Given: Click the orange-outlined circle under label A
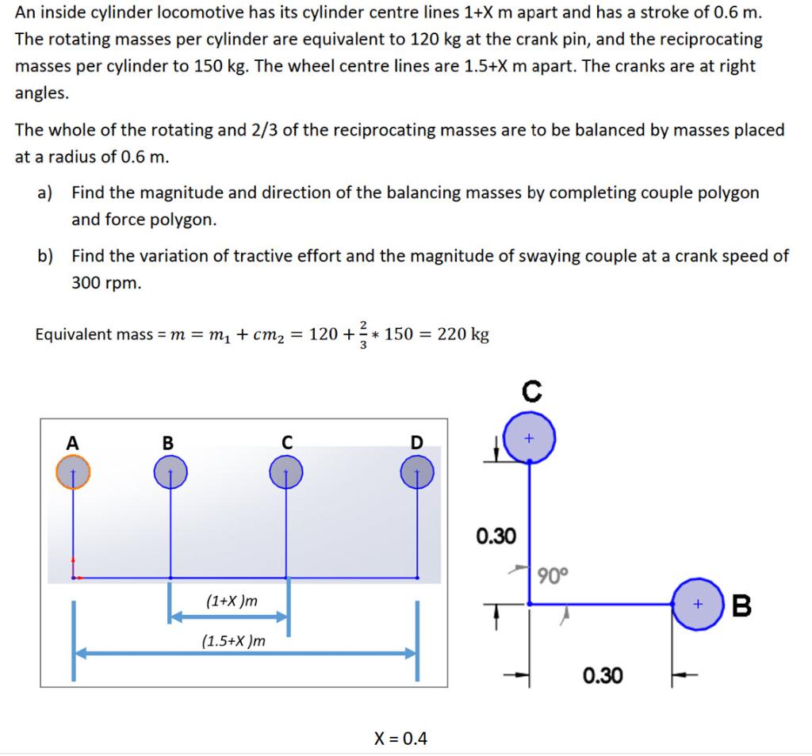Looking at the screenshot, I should (x=73, y=473).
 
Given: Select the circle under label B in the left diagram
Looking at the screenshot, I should (x=170, y=473).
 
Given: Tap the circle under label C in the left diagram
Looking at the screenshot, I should (x=286, y=473).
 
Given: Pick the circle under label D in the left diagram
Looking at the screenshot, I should (x=417, y=473).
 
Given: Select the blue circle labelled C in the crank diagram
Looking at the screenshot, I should (x=530, y=437).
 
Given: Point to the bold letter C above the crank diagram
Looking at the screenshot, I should (x=531, y=390).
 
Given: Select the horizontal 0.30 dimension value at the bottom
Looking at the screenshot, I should (x=603, y=675).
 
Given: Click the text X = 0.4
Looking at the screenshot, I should (x=400, y=739).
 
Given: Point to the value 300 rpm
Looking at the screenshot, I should (x=106, y=282).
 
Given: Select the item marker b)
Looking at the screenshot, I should (x=46, y=256).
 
